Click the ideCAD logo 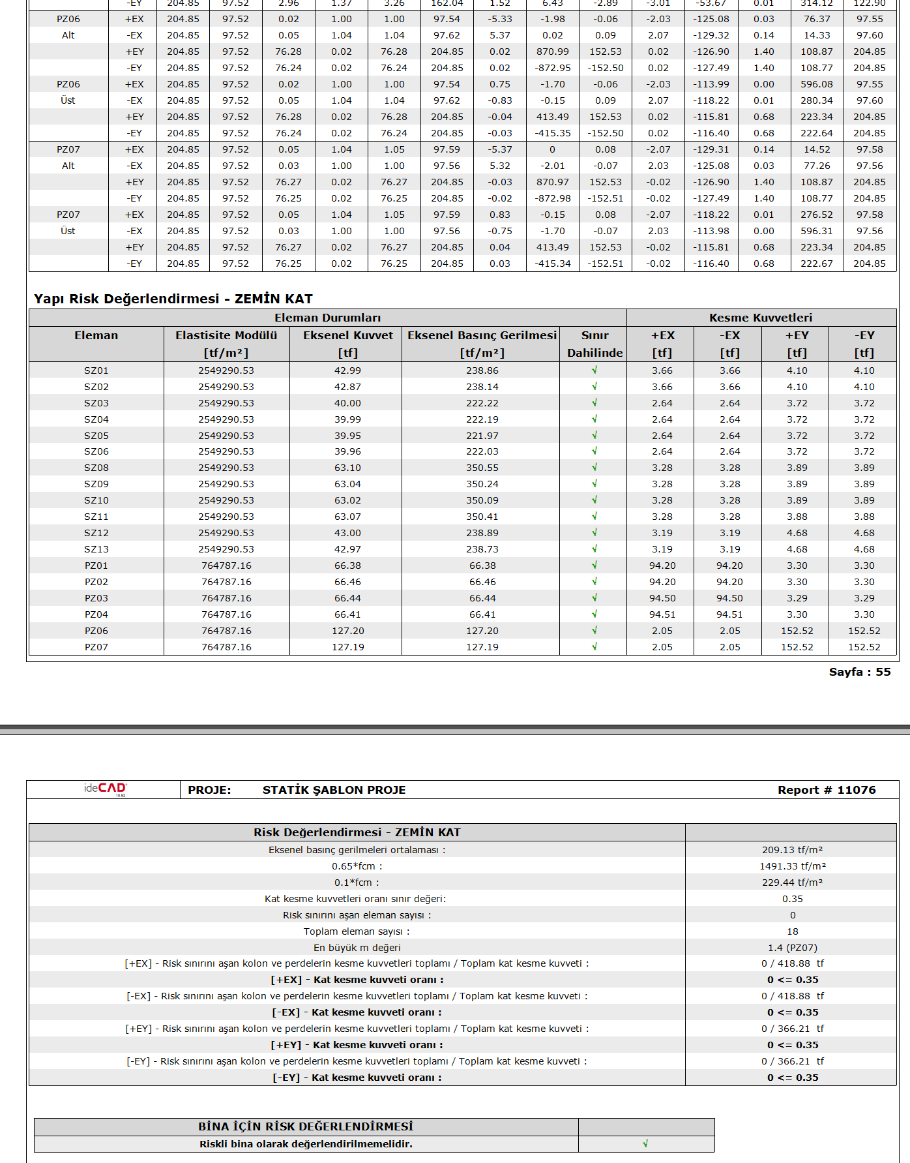coord(104,789)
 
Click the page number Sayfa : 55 coord(859,672)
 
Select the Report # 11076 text coord(826,790)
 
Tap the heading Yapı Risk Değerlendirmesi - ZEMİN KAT coord(173,299)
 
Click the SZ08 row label coord(96,468)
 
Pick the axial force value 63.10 coord(347,468)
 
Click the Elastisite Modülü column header coord(226,335)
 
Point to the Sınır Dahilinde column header coord(594,344)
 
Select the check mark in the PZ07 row coord(594,646)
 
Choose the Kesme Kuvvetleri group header coord(760,318)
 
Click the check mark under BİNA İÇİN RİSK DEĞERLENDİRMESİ coord(645,1143)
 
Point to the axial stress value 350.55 coord(482,468)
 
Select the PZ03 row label coord(96,598)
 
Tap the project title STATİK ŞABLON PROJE coord(334,790)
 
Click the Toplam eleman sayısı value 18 coord(792,931)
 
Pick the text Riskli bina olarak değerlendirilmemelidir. coord(306,1144)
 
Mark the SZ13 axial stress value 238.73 coord(482,549)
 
